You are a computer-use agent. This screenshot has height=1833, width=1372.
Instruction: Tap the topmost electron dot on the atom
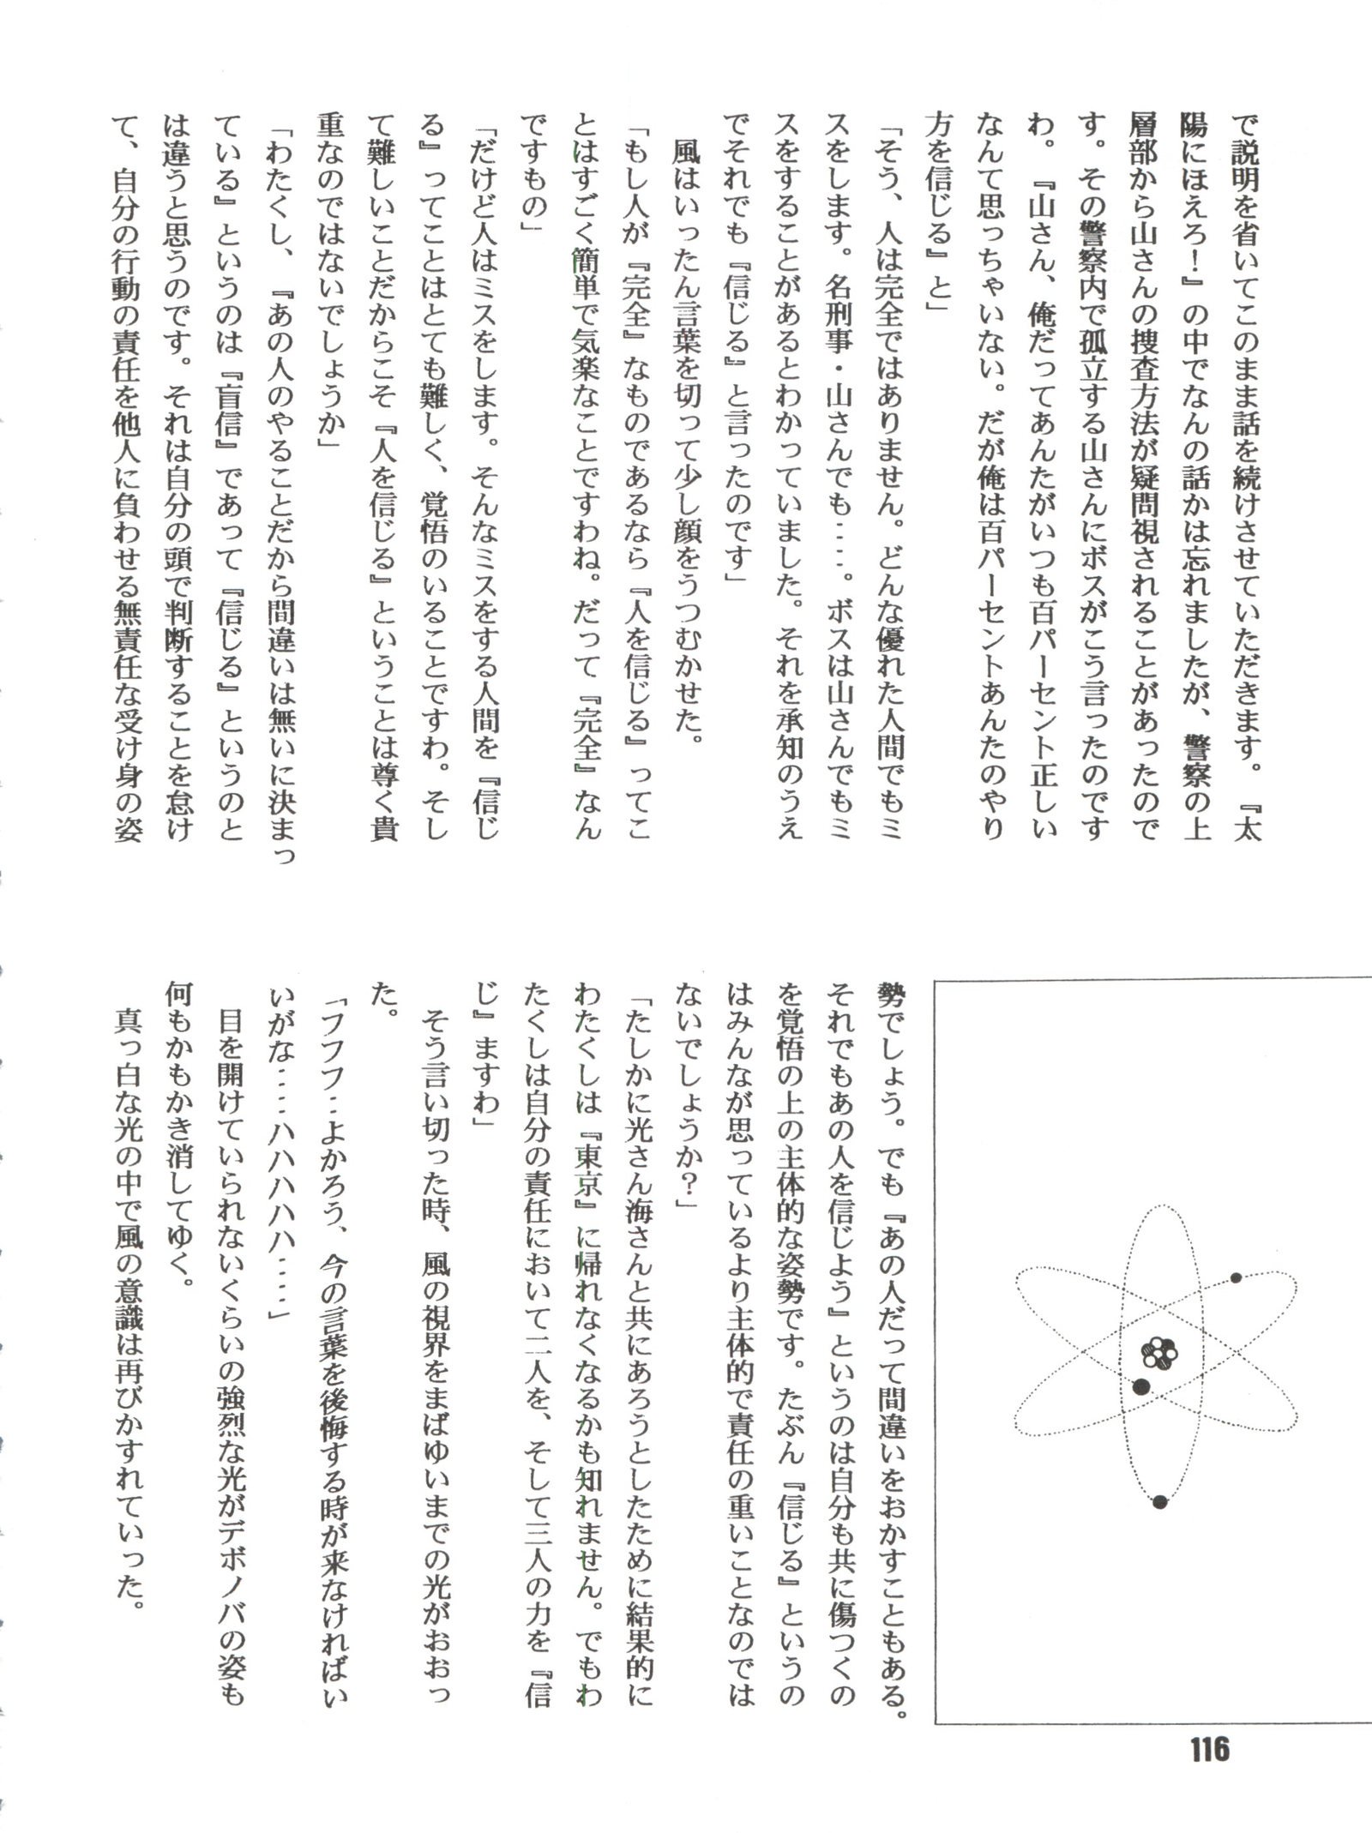(1236, 1278)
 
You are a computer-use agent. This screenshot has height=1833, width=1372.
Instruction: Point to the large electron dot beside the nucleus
(1140, 1387)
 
